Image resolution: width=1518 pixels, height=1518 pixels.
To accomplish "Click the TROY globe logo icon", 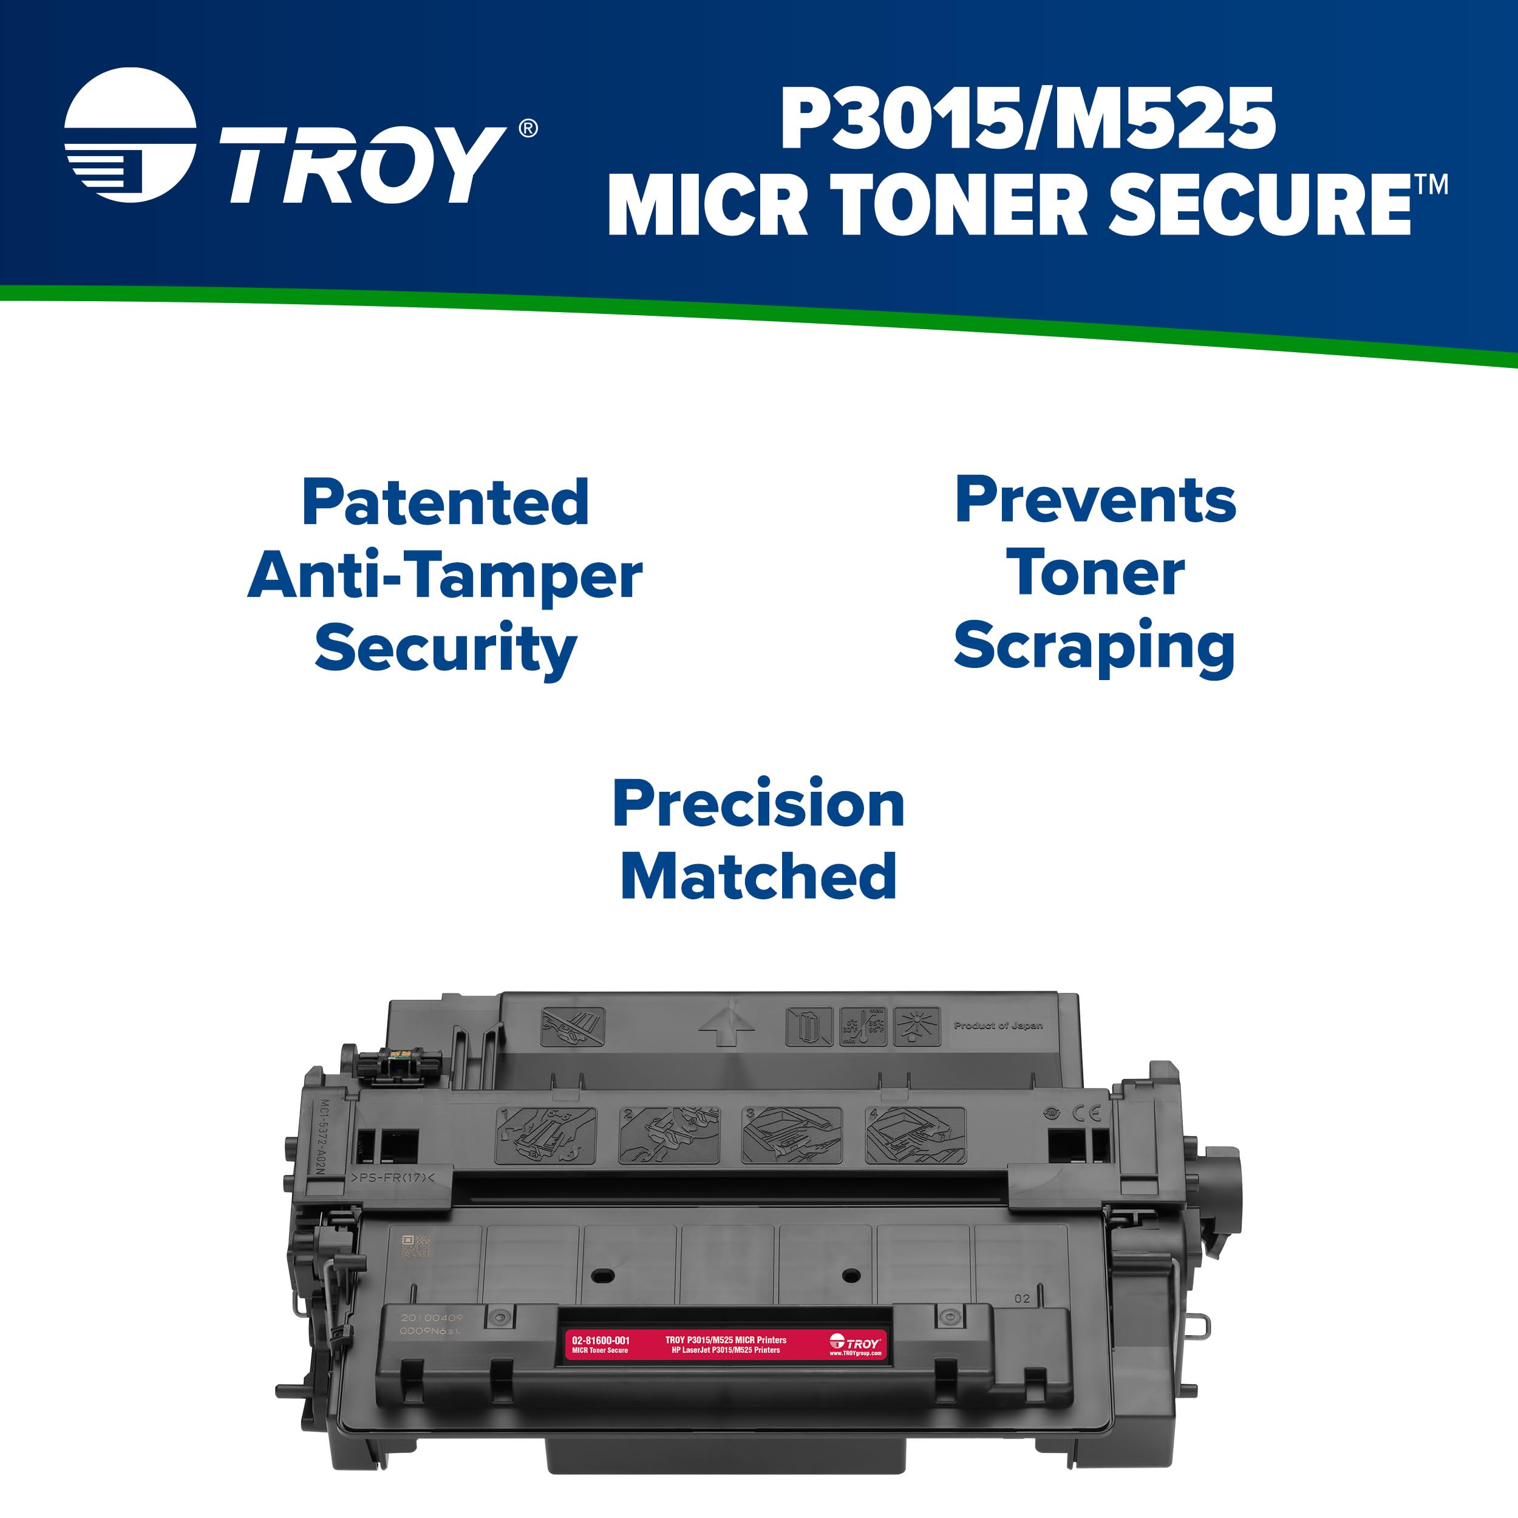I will coord(130,135).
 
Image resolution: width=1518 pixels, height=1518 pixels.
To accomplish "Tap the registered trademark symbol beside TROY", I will coord(529,128).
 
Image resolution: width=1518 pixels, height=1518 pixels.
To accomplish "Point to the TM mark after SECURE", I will coord(1432,185).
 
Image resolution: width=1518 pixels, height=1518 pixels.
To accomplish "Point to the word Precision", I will coord(758,804).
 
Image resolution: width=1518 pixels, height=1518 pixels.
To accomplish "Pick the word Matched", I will coord(758,876).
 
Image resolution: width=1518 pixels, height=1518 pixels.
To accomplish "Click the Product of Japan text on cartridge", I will coord(998,1026).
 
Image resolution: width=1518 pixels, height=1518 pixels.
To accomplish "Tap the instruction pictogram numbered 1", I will coord(545,1135).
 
